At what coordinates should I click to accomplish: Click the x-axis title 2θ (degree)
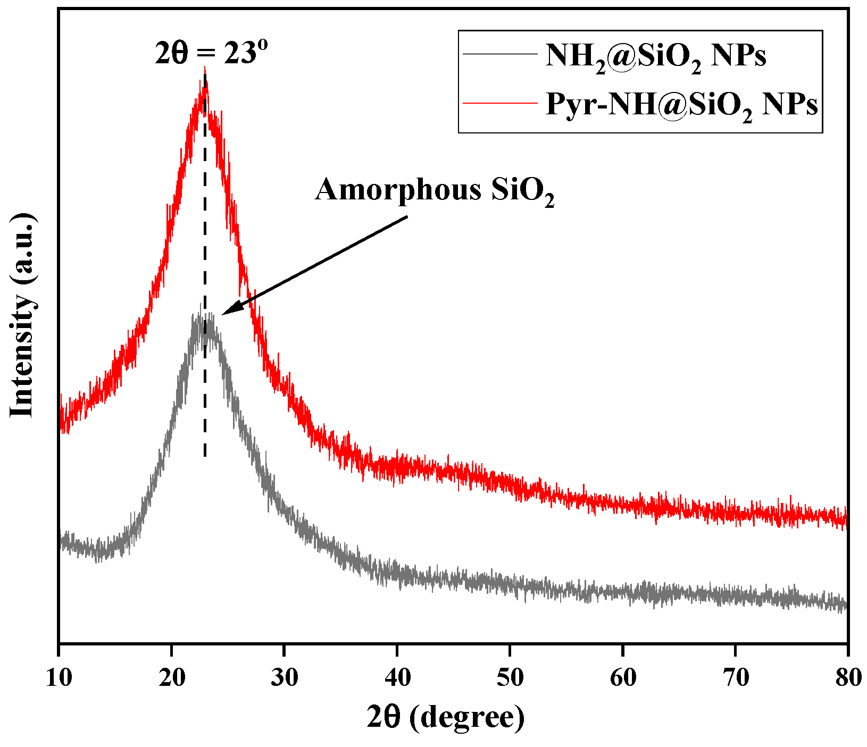tap(446, 718)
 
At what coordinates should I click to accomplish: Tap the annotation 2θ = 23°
tap(211, 53)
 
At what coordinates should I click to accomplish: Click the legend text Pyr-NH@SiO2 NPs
tap(681, 105)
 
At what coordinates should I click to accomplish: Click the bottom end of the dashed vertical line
tap(205, 456)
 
